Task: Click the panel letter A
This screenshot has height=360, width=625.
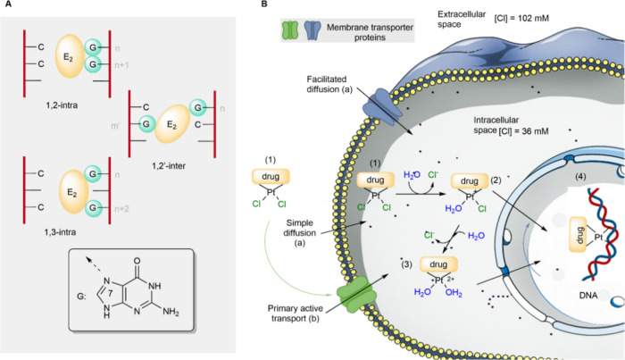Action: point(9,4)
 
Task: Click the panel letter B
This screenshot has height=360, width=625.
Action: point(264,4)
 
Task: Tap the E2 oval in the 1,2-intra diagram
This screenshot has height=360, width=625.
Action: point(70,56)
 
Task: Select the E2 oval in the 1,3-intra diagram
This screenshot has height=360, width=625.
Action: point(74,192)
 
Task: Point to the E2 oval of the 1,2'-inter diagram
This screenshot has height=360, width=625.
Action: point(172,123)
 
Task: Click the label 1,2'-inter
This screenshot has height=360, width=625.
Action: point(169,165)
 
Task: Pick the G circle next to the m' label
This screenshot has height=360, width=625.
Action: point(146,124)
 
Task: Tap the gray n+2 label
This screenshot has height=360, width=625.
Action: point(121,208)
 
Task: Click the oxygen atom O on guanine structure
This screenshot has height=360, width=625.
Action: point(137,261)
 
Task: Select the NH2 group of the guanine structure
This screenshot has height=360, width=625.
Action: point(171,311)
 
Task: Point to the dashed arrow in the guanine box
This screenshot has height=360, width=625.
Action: point(93,264)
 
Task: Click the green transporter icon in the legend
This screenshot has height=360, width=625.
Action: point(290,30)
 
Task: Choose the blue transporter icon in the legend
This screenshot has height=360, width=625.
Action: point(312,30)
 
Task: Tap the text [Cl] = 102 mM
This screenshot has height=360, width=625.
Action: point(521,18)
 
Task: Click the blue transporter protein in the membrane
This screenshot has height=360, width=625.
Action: point(382,107)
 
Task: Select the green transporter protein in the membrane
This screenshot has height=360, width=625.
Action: point(356,294)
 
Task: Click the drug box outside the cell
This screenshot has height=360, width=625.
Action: point(271,176)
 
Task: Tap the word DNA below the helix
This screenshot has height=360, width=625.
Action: point(588,296)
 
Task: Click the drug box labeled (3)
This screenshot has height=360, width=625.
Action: point(438,264)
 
